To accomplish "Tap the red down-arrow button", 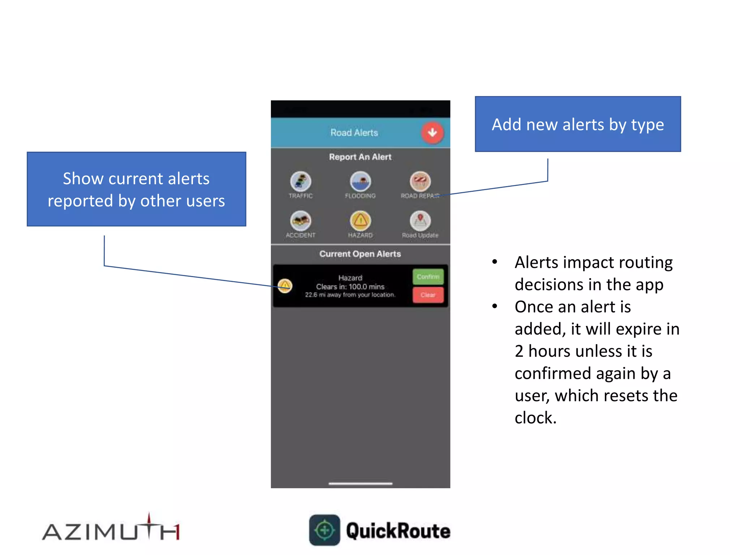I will [x=432, y=133].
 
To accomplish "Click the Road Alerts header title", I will [x=354, y=133].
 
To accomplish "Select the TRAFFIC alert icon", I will [x=301, y=181].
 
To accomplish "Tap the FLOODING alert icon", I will [x=360, y=181].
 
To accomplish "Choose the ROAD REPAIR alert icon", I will [x=420, y=181].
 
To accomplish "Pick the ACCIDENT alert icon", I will [x=301, y=220].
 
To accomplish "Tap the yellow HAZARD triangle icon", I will [x=360, y=220].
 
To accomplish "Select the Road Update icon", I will [x=420, y=220].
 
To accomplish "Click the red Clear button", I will [x=428, y=295].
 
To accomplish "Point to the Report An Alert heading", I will [x=360, y=157].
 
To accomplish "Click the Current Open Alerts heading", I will [x=360, y=254].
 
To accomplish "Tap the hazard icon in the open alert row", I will [x=285, y=286].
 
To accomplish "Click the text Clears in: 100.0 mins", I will [x=350, y=287].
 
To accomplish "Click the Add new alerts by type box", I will [x=577, y=124].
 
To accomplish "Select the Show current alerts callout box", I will [x=136, y=189].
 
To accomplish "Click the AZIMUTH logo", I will [x=111, y=530].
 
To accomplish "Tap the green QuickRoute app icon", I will [x=324, y=530].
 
